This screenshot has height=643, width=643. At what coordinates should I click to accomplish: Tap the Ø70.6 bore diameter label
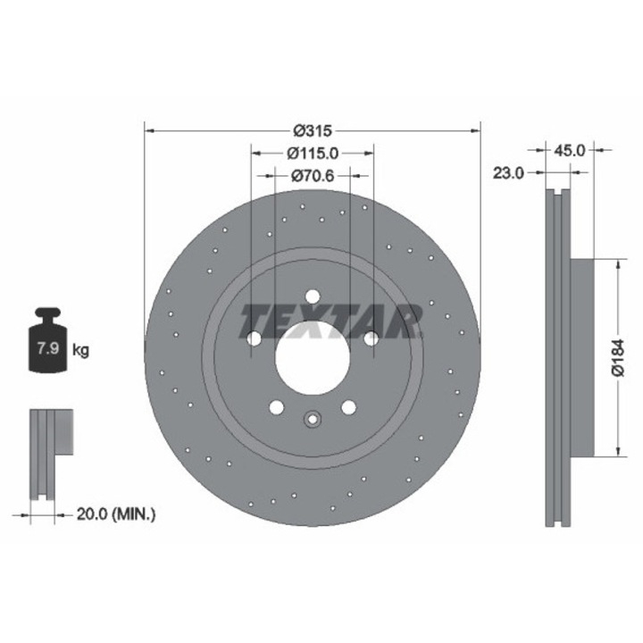(x=312, y=176)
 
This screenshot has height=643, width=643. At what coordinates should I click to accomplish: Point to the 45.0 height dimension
(x=569, y=151)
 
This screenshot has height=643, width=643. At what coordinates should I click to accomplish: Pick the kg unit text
(x=80, y=349)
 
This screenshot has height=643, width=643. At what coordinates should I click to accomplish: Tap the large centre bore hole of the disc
(x=312, y=358)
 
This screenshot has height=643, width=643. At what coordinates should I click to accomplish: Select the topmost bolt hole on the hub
(x=312, y=297)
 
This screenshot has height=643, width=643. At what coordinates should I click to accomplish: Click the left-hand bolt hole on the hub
(x=254, y=338)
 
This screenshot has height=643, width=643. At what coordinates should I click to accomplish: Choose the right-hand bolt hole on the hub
(x=370, y=338)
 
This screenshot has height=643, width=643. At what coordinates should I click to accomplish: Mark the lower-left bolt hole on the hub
(x=276, y=407)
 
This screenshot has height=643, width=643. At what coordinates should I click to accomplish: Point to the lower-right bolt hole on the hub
(x=347, y=407)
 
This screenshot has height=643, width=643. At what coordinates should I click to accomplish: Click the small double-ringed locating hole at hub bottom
(x=312, y=419)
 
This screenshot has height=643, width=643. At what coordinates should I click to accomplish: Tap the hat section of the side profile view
(x=580, y=357)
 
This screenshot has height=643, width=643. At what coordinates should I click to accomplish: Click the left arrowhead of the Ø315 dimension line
(x=148, y=129)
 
